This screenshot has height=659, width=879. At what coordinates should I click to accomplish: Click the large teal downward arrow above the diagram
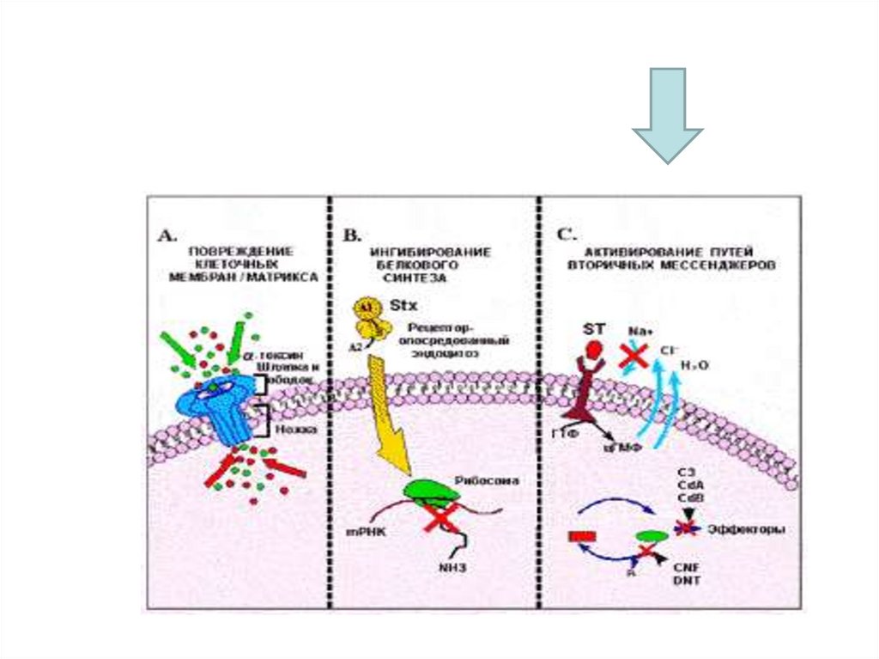668,113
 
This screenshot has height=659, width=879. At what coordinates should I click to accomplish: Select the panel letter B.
351,234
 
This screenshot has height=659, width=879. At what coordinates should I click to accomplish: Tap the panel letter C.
565,234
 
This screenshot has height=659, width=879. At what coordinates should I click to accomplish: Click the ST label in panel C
594,329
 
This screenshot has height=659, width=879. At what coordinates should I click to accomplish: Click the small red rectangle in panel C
582,537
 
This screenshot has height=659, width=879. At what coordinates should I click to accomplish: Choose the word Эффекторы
745,529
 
